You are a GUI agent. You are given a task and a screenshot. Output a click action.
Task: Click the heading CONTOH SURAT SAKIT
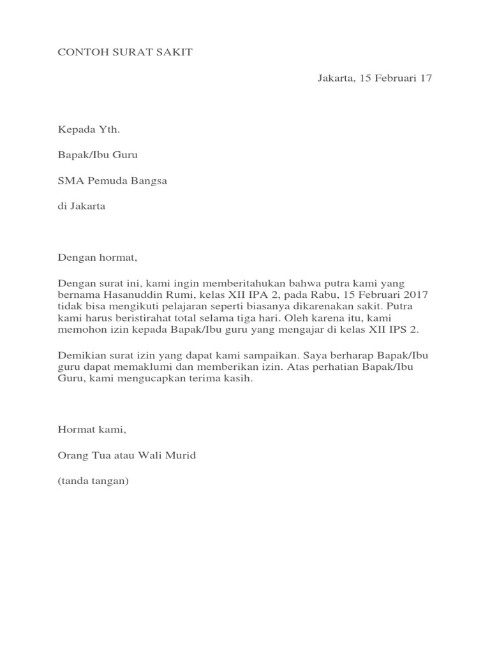click(x=125, y=52)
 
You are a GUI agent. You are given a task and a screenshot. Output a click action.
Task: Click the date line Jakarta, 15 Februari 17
click(x=375, y=78)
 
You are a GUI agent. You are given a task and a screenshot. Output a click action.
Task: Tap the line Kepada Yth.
click(x=89, y=130)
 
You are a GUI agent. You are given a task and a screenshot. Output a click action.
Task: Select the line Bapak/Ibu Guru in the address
click(x=98, y=155)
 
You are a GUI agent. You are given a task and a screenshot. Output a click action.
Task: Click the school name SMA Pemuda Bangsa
click(x=112, y=180)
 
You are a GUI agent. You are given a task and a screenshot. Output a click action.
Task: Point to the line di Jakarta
click(x=82, y=206)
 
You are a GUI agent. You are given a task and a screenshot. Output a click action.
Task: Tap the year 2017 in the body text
click(x=416, y=295)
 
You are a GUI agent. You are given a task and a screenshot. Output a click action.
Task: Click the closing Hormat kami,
click(x=93, y=430)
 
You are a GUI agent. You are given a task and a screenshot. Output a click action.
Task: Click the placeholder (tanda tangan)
click(x=93, y=481)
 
